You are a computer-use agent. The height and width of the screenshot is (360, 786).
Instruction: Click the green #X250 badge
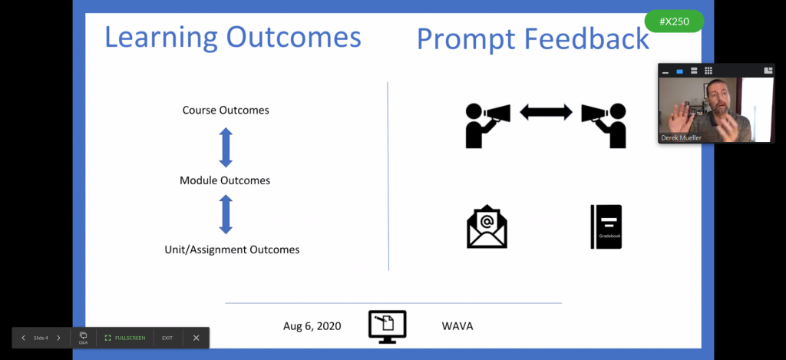point(674,21)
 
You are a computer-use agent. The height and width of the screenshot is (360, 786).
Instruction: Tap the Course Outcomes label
point(226,111)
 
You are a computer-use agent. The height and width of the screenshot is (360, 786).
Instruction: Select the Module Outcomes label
point(225,180)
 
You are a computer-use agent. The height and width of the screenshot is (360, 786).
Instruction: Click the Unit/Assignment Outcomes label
point(232,249)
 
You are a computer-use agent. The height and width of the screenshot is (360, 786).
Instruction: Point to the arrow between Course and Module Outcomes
point(226,147)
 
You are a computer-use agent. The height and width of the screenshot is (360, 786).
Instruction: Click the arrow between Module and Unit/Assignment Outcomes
point(226,215)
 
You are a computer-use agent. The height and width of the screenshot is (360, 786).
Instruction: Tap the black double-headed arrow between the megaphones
point(546,112)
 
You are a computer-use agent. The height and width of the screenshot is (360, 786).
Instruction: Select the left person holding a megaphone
point(487,125)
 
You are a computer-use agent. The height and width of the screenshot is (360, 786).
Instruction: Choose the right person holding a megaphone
point(604,125)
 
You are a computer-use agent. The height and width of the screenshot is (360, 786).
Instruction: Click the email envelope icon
point(487,226)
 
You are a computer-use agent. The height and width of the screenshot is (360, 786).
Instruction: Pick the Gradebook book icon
point(606,226)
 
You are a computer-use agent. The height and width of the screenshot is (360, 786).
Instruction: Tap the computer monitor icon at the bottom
point(388,327)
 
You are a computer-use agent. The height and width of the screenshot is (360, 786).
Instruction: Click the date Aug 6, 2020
point(312,326)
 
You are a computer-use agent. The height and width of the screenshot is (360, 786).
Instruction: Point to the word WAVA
point(457,326)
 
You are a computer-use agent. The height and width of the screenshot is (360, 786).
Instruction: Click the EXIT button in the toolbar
point(167,338)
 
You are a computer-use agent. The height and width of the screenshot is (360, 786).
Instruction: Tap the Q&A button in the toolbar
point(83,338)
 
